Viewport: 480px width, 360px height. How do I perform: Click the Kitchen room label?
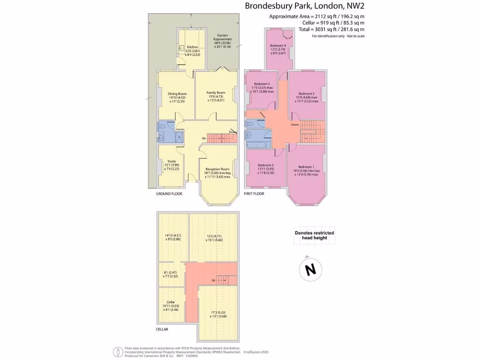(193, 47)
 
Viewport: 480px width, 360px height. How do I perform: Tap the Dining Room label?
(177, 93)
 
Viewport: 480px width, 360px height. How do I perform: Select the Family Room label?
(216, 92)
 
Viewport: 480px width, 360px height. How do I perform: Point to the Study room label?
(172, 161)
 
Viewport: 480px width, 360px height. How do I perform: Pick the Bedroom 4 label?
(278, 45)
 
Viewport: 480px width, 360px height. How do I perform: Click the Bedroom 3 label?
(266, 165)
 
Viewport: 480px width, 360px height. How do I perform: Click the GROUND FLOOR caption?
(169, 194)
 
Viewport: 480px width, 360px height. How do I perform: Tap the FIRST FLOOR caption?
(255, 194)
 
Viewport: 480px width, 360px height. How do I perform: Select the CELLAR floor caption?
(162, 329)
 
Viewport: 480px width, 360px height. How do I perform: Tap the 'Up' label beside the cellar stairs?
(213, 280)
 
